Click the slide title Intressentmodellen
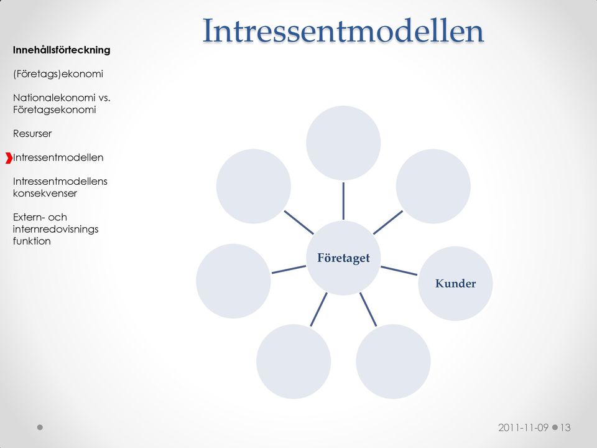[343, 30]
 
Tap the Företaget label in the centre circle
[343, 258]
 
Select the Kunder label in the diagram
[455, 284]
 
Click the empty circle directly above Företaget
[343, 143]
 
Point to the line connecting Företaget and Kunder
[399, 271]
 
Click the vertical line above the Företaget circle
[343, 201]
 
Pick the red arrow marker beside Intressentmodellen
[9, 157]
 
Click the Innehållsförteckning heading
[62, 50]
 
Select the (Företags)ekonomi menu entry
[58, 74]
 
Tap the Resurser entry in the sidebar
[32, 134]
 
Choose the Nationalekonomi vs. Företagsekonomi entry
[62, 104]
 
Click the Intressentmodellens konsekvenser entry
[60, 187]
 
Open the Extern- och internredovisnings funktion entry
[55, 229]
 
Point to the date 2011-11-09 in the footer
[524, 427]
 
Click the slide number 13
[565, 427]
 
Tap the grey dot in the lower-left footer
[40, 427]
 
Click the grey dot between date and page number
[555, 427]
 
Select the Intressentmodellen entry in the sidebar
[58, 157]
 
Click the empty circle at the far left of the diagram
[233, 281]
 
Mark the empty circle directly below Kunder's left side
[393, 362]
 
